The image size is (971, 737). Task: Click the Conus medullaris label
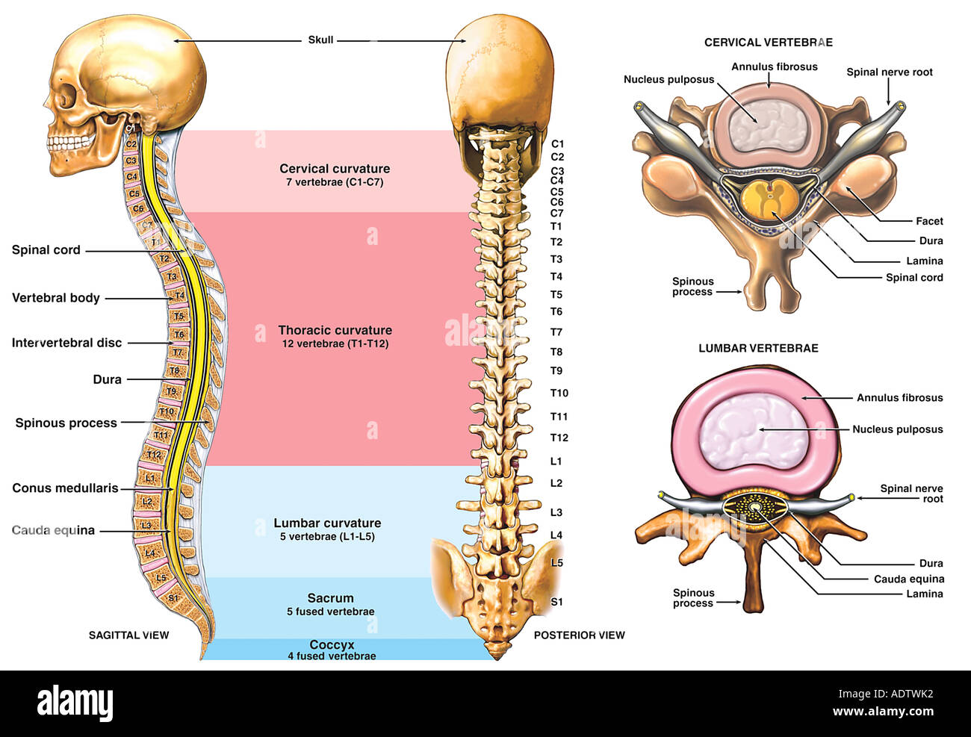[x=65, y=488]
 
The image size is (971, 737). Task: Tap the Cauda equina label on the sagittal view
[x=53, y=530]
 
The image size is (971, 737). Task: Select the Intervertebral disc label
[x=66, y=343]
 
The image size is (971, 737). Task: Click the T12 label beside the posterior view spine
[x=559, y=438]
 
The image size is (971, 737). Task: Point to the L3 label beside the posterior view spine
[x=556, y=512]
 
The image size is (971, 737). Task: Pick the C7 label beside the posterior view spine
[x=556, y=213]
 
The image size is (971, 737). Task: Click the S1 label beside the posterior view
[x=556, y=602]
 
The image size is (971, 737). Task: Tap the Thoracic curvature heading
[x=335, y=330]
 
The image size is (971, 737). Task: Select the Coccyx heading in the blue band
[x=332, y=644]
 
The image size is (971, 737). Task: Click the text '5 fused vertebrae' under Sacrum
[x=330, y=612]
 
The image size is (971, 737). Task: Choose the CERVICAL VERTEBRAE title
[x=768, y=43]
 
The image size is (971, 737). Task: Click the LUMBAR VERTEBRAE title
[x=758, y=348]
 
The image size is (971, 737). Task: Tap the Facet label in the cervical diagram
[x=929, y=221]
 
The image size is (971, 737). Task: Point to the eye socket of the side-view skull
[x=67, y=98]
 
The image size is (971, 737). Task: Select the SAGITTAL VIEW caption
[x=128, y=635]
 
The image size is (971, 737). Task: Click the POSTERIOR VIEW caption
[x=579, y=635]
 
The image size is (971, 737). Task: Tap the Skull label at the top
[x=320, y=40]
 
